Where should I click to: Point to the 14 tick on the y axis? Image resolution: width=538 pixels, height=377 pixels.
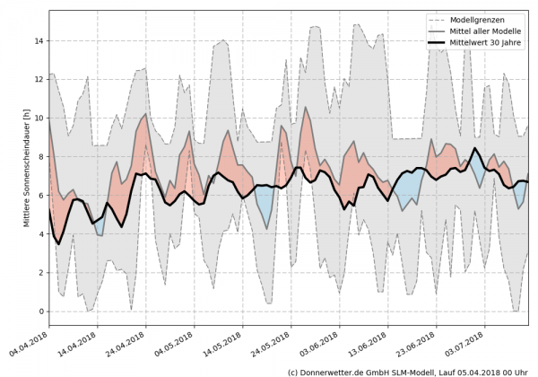point(38,41)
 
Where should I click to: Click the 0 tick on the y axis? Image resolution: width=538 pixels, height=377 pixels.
point(38,311)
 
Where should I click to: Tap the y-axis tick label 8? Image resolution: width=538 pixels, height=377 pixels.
point(38,157)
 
